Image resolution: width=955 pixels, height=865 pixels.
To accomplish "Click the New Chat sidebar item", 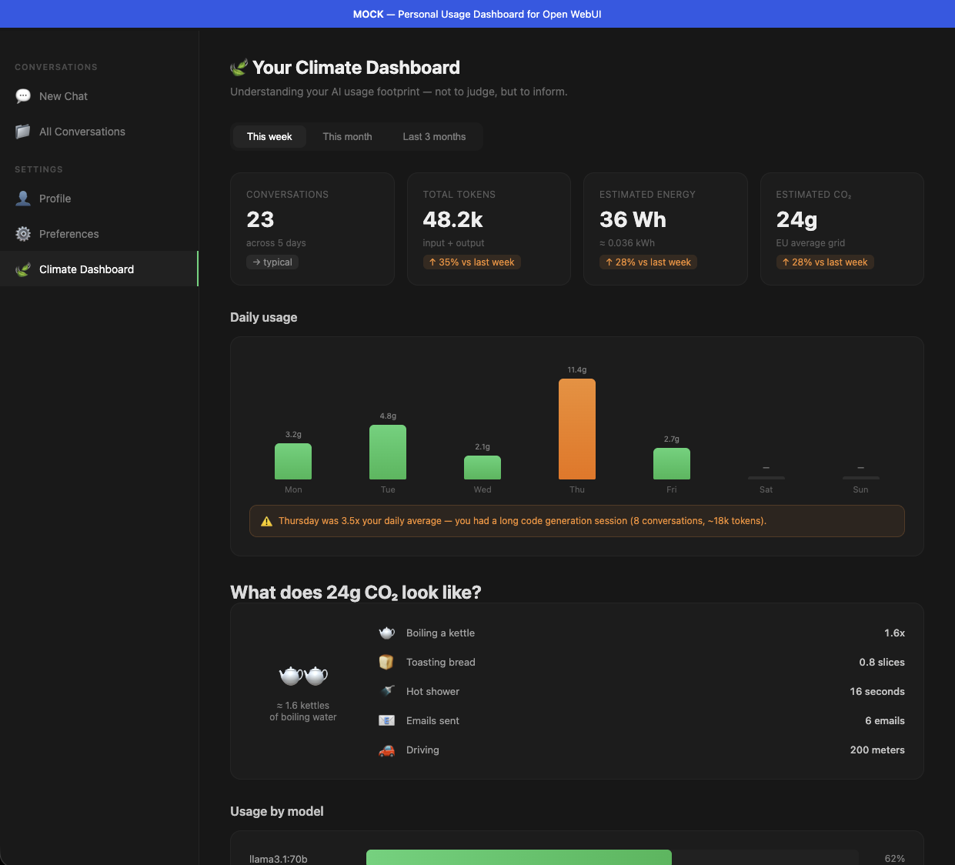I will (63, 96).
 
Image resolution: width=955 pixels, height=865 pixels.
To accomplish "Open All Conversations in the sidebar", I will (82, 132).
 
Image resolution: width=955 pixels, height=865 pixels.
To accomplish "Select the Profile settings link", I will (55, 199).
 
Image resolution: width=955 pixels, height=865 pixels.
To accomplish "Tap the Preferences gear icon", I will (23, 234).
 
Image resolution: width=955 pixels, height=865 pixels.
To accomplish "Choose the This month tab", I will (347, 136).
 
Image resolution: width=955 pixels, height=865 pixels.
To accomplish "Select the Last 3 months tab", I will (434, 136).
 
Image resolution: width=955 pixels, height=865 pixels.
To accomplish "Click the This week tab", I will (269, 136).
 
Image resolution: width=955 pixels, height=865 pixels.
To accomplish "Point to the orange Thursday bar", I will (576, 429).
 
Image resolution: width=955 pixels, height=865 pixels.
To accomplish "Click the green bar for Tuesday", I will (388, 452).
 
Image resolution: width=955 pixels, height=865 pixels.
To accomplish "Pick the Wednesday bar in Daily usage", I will (483, 467).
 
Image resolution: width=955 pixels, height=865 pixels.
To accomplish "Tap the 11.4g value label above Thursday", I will (576, 370).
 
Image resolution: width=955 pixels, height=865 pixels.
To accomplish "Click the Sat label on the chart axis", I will (766, 489).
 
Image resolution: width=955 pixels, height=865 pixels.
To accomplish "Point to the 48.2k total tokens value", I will (452, 220).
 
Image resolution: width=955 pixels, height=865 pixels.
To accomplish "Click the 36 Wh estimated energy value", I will (633, 220).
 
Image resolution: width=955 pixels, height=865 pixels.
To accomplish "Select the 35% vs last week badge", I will (472, 262).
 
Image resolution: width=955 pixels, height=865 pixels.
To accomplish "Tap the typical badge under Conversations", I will (272, 262).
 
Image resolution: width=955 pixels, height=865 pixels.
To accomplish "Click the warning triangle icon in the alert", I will (266, 521).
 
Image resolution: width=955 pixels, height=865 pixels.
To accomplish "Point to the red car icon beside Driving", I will (386, 750).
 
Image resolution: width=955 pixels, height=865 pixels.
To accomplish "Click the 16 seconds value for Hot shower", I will (877, 692).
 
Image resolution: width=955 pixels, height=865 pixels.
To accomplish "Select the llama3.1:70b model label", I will (279, 859).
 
